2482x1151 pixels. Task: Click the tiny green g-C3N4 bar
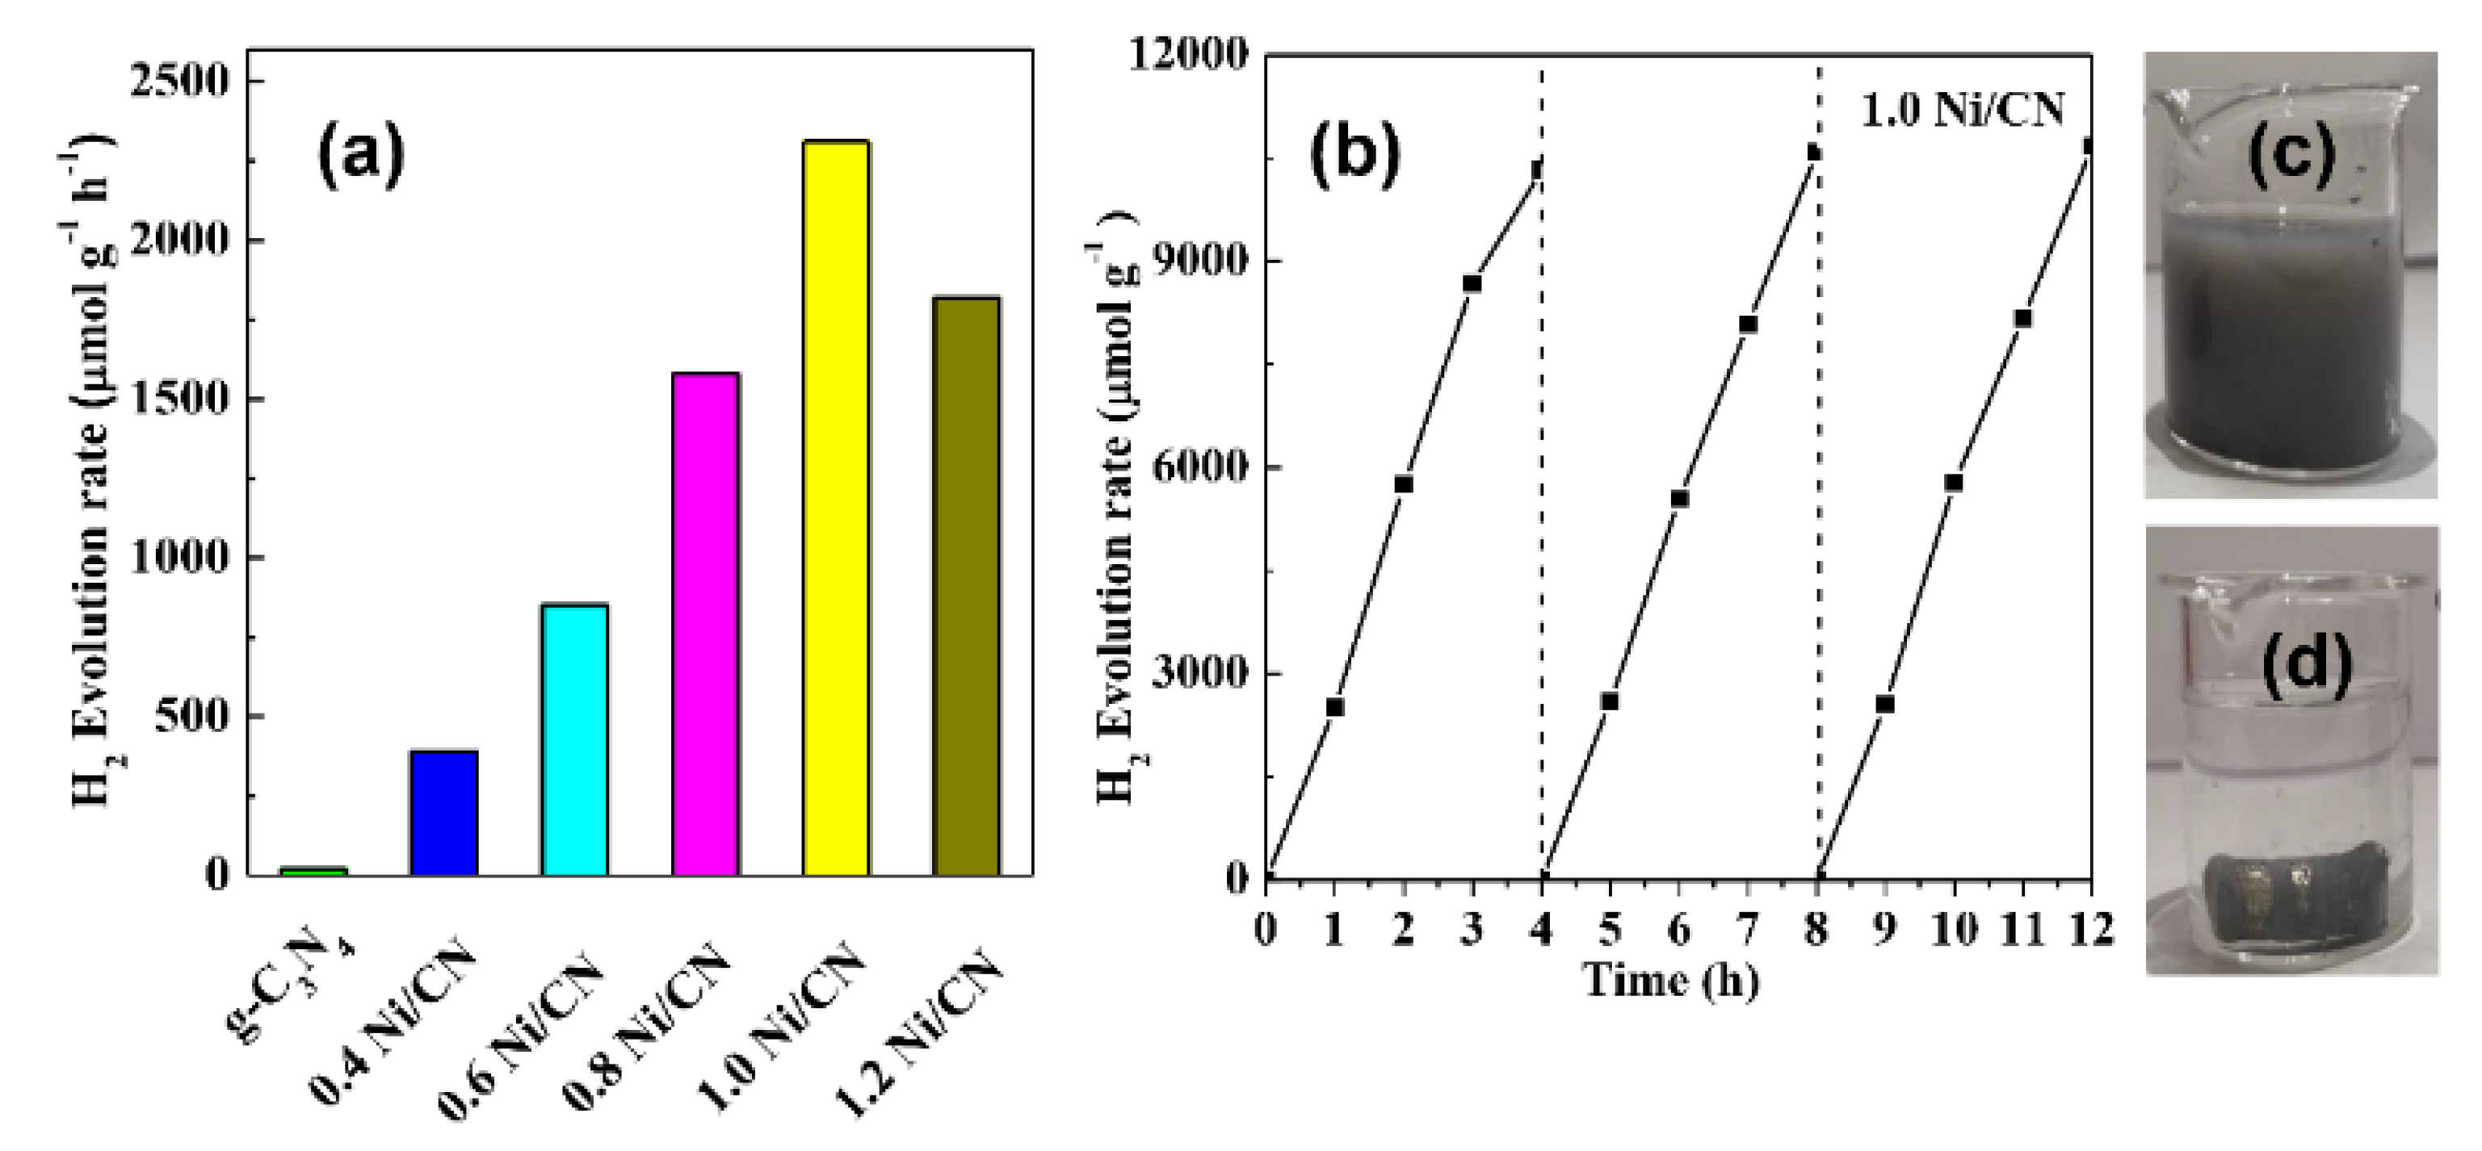(x=313, y=871)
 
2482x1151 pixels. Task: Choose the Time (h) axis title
(x=1672, y=981)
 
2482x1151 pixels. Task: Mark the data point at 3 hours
(x=1472, y=283)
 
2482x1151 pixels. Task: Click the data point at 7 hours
(x=1748, y=324)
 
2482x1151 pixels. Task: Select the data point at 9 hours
(x=1884, y=704)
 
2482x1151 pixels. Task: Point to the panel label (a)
(x=361, y=154)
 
